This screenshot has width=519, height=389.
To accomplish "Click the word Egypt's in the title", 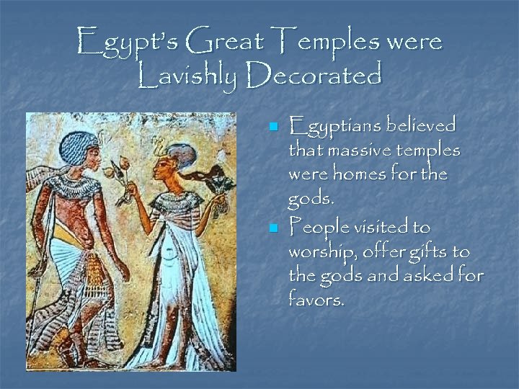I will coord(123,41).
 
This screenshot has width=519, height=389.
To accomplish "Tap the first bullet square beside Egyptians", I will coord(272,128).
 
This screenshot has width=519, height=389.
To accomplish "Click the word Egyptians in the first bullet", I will coord(333,126).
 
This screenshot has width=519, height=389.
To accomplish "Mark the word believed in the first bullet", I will coord(420,126).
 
